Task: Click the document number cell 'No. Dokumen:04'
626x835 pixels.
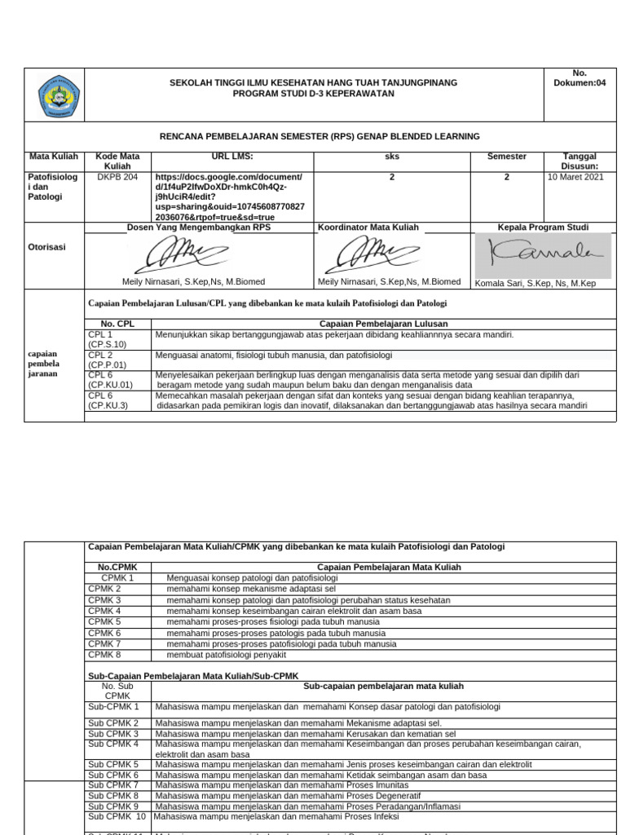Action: pos(580,77)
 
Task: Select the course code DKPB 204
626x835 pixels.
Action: pos(117,177)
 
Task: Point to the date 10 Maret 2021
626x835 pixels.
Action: pos(575,177)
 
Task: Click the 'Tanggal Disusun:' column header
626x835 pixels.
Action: pos(580,161)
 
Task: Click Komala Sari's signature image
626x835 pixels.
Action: pos(542,255)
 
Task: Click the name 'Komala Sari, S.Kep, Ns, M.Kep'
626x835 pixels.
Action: pos(535,283)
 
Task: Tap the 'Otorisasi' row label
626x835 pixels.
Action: pos(47,245)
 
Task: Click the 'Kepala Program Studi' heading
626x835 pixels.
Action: pos(543,228)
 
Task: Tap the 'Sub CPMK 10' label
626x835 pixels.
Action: pos(117,816)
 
